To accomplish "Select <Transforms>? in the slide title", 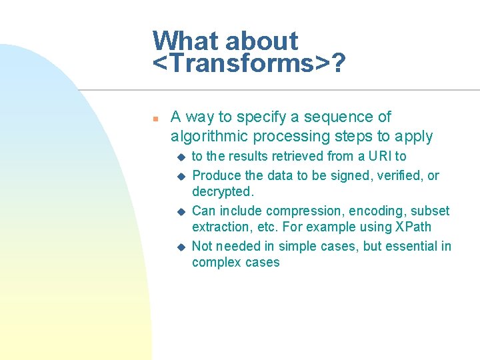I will pyautogui.click(x=249, y=65).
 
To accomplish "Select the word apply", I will pyautogui.click(x=413, y=137).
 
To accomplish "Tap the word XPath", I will pyautogui.click(x=413, y=227).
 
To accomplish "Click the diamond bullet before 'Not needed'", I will pyautogui.click(x=179, y=247).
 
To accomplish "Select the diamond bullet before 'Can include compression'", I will pyautogui.click(x=179, y=211).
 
